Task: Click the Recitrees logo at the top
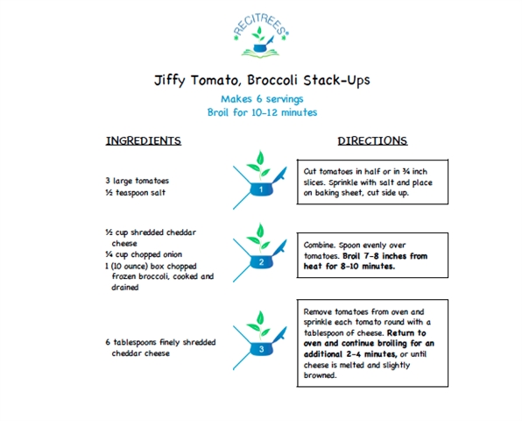click(261, 35)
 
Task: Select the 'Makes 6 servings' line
click(262, 99)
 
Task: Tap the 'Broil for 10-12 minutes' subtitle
click(262, 112)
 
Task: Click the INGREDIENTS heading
click(144, 140)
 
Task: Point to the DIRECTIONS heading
click(372, 140)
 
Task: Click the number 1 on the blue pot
click(261, 189)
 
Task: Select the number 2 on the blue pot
click(261, 262)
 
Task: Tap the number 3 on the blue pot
click(261, 349)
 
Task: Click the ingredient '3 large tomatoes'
click(138, 181)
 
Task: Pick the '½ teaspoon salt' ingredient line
click(135, 193)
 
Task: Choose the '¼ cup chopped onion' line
click(144, 254)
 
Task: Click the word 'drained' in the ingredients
click(125, 288)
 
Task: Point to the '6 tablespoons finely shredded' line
click(160, 342)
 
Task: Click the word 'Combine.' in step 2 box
click(320, 245)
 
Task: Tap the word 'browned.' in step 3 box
click(320, 375)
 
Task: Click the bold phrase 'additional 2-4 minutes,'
click(350, 354)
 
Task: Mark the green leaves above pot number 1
click(259, 165)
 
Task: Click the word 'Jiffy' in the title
click(169, 81)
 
